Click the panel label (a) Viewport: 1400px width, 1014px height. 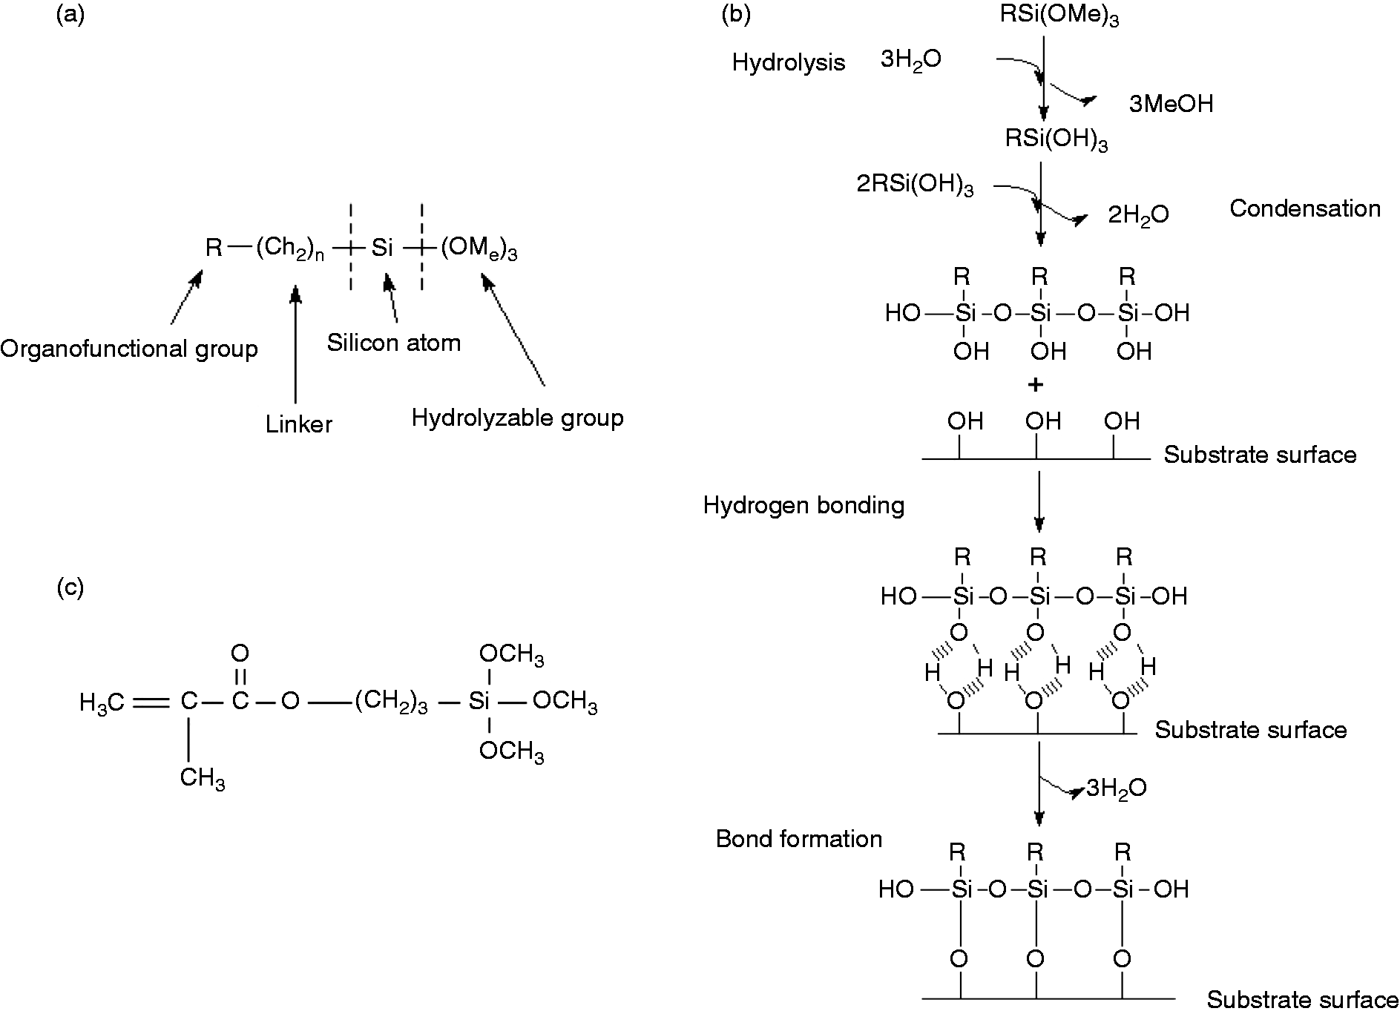71,16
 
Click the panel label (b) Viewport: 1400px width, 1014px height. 737,16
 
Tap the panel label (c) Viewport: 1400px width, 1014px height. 70,587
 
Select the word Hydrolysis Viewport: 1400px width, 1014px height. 789,62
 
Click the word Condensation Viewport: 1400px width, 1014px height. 1305,208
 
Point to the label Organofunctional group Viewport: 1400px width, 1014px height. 129,349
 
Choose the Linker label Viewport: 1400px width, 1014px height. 299,424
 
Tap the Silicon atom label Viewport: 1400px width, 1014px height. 394,342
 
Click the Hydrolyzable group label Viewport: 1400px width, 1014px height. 518,418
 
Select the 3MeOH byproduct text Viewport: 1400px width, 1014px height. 1171,104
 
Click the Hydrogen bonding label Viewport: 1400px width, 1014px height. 804,506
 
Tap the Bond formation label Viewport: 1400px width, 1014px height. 799,839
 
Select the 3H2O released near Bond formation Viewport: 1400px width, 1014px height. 1117,788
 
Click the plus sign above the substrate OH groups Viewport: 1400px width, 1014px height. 1037,385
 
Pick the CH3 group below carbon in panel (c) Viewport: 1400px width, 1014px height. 203,780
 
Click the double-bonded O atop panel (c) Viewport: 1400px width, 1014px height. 240,653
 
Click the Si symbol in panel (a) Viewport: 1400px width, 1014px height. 382,248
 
